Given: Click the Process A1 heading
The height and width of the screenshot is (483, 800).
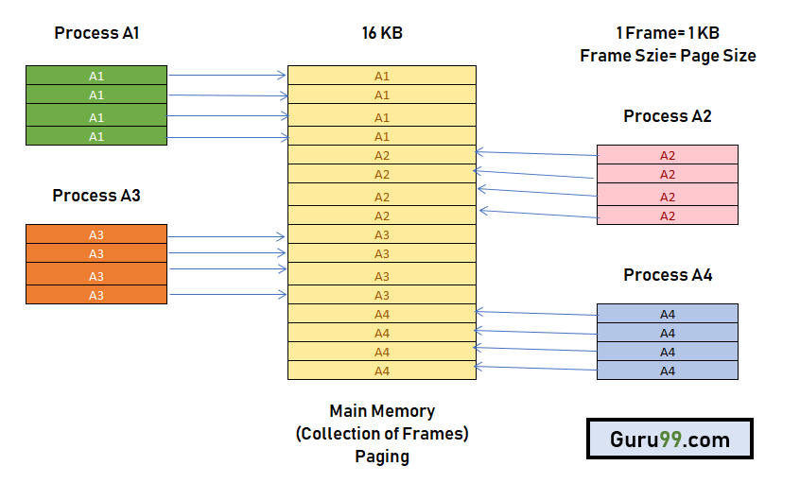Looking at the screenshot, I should click(x=96, y=33).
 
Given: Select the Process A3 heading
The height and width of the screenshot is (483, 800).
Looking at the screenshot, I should click(x=96, y=196).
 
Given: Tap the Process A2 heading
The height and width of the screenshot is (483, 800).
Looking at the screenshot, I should click(x=668, y=116).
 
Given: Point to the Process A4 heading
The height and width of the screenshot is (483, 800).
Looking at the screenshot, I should click(x=668, y=275).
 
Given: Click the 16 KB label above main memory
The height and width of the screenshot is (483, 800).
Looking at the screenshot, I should click(x=382, y=33).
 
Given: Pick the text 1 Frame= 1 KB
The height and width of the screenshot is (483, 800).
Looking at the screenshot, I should click(x=668, y=33).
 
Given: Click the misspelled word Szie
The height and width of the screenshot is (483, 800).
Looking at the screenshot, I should click(x=645, y=56).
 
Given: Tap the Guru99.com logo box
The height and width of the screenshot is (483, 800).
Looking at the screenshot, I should click(x=670, y=440).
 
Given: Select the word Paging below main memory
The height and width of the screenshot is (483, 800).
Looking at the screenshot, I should click(x=382, y=457).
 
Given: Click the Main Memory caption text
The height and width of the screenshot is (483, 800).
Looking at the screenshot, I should click(x=382, y=411).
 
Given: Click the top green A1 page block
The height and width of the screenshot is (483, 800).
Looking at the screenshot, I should click(x=96, y=75).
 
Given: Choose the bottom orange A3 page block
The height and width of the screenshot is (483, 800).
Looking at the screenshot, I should click(x=96, y=295).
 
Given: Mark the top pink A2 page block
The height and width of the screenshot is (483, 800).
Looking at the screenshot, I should click(x=668, y=155).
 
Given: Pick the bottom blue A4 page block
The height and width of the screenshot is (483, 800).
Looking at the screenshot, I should click(x=668, y=371).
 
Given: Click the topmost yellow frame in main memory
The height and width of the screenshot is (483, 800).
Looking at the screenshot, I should click(x=382, y=76).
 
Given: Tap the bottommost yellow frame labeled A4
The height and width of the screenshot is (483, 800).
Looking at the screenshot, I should click(x=382, y=371).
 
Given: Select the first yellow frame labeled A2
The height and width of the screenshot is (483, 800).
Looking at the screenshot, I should click(x=382, y=155).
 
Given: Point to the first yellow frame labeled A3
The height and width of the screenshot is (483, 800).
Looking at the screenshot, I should click(x=382, y=234).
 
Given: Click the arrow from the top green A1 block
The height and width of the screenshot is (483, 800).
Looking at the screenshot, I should click(x=227, y=75).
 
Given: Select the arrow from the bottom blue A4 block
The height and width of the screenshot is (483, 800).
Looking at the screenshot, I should click(x=536, y=369).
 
